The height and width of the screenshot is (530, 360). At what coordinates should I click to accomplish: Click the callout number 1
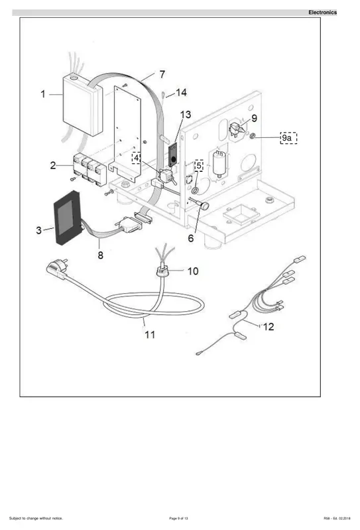(43, 94)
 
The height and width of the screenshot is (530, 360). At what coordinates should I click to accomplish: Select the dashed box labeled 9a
(289, 138)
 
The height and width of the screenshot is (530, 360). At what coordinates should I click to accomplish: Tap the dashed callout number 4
(136, 158)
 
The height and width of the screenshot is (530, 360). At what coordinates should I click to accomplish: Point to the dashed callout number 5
(199, 166)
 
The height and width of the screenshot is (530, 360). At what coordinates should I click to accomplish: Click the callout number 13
(186, 115)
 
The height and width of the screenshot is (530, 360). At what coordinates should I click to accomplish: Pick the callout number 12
(269, 327)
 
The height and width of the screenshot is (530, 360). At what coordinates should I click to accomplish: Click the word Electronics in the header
(322, 13)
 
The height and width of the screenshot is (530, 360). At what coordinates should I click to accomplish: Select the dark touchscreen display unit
(67, 218)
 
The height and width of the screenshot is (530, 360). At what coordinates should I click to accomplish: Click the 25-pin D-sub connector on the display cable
(129, 225)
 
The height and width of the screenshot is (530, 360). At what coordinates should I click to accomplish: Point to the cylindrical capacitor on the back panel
(219, 164)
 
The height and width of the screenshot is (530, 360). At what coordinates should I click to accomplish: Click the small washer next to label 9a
(253, 136)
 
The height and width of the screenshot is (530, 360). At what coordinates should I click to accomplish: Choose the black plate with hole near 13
(173, 155)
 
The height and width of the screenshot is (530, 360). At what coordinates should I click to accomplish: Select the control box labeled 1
(83, 105)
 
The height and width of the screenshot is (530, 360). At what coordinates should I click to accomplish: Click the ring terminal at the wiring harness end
(198, 354)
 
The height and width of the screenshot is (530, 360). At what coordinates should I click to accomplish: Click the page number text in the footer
(178, 518)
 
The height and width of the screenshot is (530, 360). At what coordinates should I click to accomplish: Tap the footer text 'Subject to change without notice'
(36, 518)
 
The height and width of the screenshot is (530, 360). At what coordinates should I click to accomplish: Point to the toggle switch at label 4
(167, 177)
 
